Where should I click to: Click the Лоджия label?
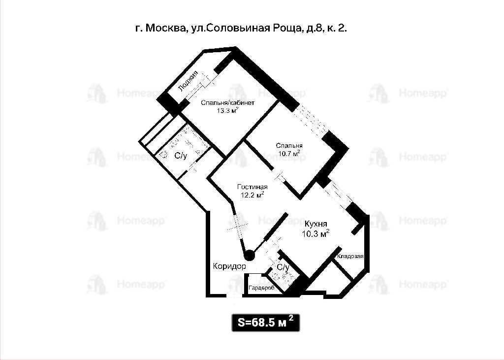click(188, 81)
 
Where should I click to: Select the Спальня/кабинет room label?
click(227, 103)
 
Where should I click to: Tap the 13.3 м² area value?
click(227, 111)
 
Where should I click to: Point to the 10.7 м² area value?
click(289, 153)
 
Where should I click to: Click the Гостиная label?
click(252, 187)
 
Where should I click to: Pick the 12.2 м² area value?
click(252, 195)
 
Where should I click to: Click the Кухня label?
click(315, 224)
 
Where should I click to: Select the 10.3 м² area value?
click(315, 233)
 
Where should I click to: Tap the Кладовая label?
click(350, 257)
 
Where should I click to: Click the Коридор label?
click(229, 266)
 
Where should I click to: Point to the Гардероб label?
click(262, 288)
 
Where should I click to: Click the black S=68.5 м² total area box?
click(266, 323)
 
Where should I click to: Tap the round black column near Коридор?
click(249, 256)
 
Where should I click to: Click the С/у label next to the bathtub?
click(180, 156)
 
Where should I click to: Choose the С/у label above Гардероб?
click(283, 267)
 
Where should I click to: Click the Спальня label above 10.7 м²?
click(289, 146)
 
